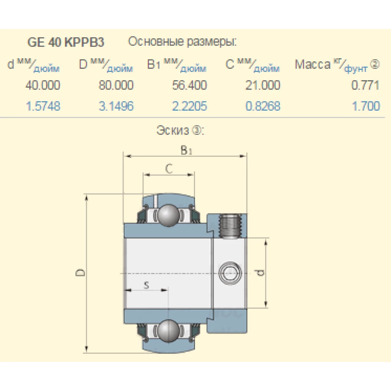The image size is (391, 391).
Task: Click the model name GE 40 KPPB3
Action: click(66, 42)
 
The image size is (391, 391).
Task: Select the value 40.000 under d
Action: click(43, 85)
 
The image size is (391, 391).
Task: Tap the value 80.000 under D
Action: click(116, 85)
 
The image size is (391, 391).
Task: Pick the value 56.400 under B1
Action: click(189, 85)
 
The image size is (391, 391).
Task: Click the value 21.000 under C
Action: click(263, 85)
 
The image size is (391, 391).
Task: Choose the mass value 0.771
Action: click(365, 85)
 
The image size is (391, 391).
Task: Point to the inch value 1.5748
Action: click(43, 106)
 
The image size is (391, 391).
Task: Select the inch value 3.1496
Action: click(116, 106)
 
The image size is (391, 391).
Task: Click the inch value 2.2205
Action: click(189, 106)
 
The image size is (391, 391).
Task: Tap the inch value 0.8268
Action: click(263, 106)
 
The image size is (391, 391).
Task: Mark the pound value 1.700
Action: click(366, 106)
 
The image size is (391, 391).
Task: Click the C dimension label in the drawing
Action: click(169, 169)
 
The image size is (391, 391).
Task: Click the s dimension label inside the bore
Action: click(147, 285)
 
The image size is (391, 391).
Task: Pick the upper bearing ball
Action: click(169, 215)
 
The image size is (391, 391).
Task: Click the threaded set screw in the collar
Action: click(231, 227)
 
